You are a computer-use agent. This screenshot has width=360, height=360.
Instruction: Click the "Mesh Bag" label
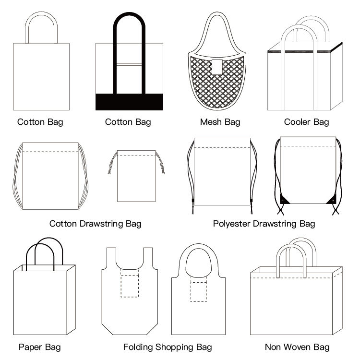click(220, 122)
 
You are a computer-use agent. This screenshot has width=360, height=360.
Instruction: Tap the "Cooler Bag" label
click(306, 122)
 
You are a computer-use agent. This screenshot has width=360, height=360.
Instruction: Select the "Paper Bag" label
click(40, 347)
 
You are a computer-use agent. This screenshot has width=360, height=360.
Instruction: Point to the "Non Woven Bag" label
click(297, 347)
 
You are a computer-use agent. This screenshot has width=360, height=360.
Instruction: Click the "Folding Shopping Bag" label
click(168, 347)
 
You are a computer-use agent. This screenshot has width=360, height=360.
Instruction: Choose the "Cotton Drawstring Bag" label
click(96, 224)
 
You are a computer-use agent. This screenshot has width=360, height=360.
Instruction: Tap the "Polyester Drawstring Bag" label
click(264, 224)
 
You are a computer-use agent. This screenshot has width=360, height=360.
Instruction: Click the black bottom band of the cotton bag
click(129, 102)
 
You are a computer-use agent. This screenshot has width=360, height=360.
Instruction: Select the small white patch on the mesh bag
click(217, 66)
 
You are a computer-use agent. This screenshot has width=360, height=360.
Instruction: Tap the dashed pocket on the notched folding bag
click(130, 286)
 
